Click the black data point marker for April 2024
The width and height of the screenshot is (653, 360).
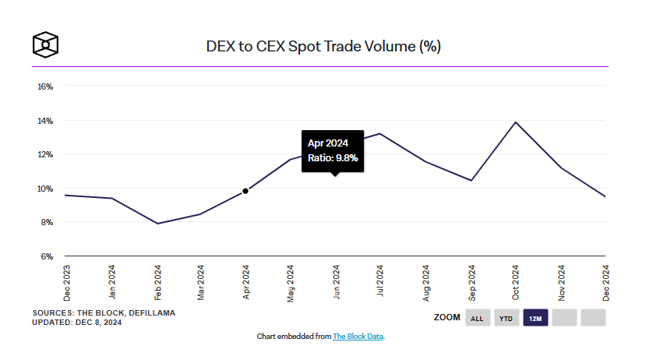tap(245, 191)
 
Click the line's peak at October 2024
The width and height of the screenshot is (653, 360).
tap(515, 122)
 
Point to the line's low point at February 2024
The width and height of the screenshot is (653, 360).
tap(158, 224)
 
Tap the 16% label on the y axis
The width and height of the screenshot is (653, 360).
tap(45, 86)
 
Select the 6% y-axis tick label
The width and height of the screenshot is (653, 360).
tap(47, 256)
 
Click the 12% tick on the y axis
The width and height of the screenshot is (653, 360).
tap(45, 154)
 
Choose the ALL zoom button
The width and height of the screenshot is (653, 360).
tap(478, 318)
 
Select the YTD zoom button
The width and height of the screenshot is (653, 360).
tap(506, 318)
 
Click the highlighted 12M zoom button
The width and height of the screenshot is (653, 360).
tap(535, 318)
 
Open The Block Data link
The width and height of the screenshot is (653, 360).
tap(358, 337)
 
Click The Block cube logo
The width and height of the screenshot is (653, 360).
tap(46, 45)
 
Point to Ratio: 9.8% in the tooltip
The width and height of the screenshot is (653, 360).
tap(333, 158)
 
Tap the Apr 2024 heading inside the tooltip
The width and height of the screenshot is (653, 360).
tap(327, 143)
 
